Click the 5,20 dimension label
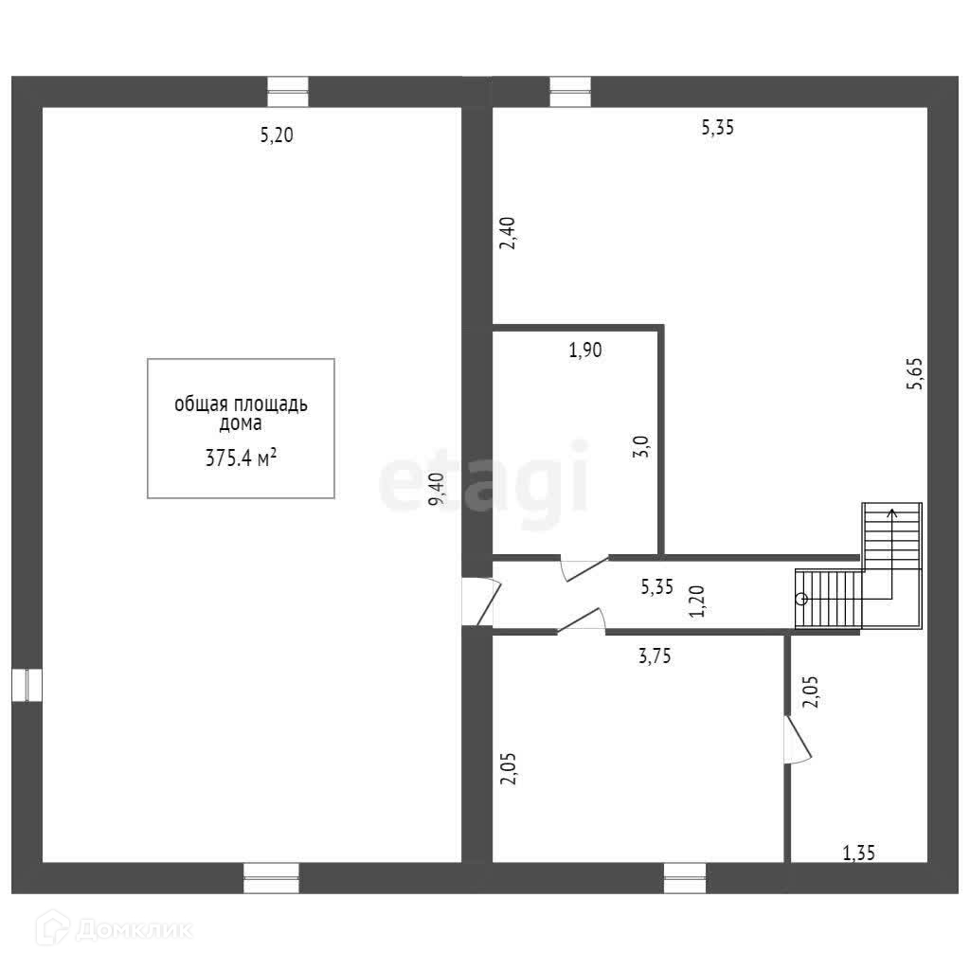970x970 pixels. coord(278,135)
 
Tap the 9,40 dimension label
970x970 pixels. coord(436,490)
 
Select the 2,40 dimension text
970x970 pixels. coord(508,233)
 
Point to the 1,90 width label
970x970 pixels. coord(585,350)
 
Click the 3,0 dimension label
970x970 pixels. coord(641,446)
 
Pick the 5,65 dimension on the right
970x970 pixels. coord(913,373)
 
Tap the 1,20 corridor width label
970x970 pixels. coord(697,602)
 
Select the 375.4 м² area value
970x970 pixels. coord(241,458)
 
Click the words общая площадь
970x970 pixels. coord(241,404)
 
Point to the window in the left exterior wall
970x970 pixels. coord(27,685)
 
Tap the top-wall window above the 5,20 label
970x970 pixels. coord(288,92)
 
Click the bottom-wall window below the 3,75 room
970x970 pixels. coord(684,878)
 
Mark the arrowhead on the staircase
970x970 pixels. coord(891,512)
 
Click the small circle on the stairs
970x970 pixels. coord(801,599)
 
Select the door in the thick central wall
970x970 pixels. coord(476,602)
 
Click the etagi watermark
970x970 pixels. coord(484,484)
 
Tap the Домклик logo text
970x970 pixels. coord(133,930)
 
